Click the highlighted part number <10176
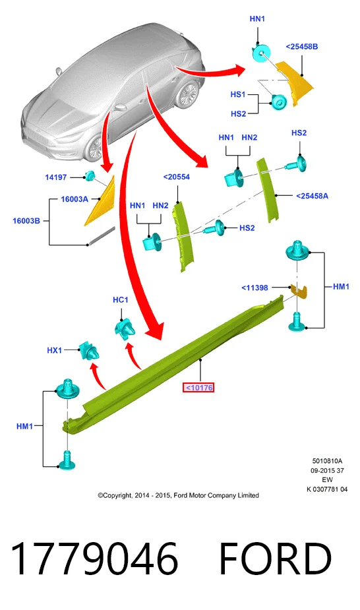[198, 388]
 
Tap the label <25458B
[302, 47]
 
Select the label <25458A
[312, 196]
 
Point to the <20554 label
[177, 177]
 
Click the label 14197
[56, 177]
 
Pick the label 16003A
[75, 199]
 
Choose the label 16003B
[26, 221]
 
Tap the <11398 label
[255, 288]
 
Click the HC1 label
[120, 300]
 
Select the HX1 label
[55, 350]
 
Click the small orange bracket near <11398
[299, 291]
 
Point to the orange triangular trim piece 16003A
[100, 202]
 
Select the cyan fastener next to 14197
[90, 176]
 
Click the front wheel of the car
[95, 149]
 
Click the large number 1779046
[94, 559]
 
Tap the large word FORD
[275, 559]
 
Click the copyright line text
[178, 495]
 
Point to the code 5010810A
[327, 461]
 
